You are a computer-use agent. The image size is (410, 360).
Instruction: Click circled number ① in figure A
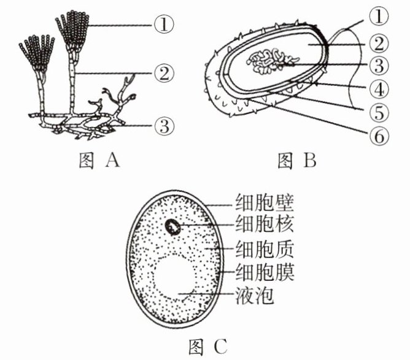(164, 25)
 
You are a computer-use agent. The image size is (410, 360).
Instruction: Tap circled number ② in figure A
(164, 74)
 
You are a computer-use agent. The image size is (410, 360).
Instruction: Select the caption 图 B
(296, 161)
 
